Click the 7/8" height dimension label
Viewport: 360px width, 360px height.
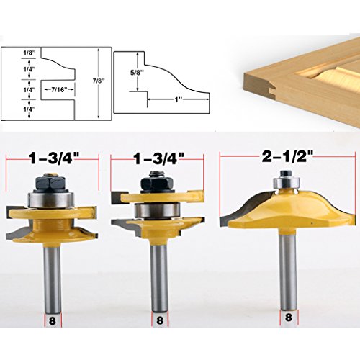tap(99, 81)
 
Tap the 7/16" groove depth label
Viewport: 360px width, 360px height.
tap(58, 89)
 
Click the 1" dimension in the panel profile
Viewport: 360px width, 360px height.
tap(178, 100)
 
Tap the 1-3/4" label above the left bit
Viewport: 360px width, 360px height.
tap(53, 158)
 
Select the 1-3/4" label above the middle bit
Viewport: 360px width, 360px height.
tap(159, 158)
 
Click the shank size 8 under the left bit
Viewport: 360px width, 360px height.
tap(52, 320)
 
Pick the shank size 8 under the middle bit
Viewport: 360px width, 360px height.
tap(159, 320)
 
